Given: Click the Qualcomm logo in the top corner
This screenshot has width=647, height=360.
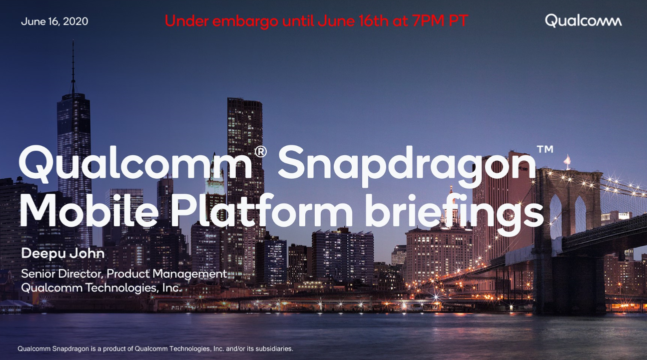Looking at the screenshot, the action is [584, 20].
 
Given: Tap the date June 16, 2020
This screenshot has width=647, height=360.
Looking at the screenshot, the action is [54, 21].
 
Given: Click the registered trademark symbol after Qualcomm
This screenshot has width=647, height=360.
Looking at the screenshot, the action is [260, 152].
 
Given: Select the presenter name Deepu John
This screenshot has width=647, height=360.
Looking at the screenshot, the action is [62, 254].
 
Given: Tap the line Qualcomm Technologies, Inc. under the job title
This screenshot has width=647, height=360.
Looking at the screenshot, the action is [101, 288].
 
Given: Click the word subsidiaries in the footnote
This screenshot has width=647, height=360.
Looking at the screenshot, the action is [276, 349].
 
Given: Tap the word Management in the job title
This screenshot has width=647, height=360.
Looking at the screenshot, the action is [190, 274].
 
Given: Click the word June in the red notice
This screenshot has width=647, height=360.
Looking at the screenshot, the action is [336, 20].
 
